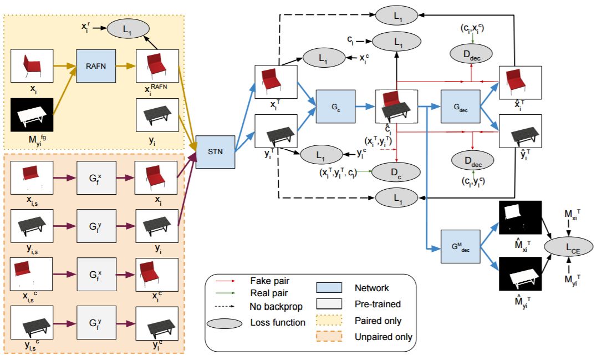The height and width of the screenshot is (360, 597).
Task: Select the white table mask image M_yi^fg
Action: (x=32, y=115)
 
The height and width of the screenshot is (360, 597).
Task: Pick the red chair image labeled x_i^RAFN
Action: (x=157, y=66)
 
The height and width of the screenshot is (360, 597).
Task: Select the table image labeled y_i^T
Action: (x=275, y=131)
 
